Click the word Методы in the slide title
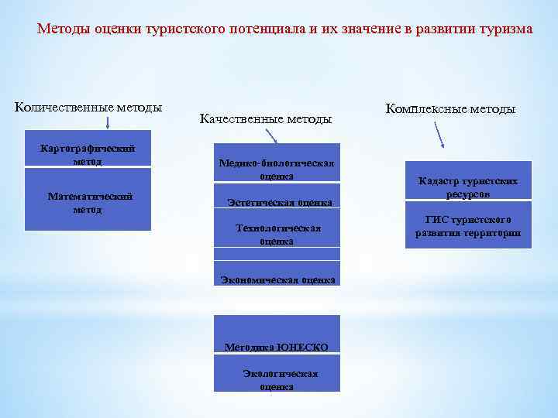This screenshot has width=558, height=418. pos(64,30)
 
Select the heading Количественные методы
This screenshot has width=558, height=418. pos(88,107)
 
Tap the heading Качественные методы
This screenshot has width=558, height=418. pos(265,119)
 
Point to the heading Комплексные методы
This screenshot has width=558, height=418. pos(449,109)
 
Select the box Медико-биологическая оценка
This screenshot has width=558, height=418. pos(277,169)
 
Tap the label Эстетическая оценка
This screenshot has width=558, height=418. pos(279,203)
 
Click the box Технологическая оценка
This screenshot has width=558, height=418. pos(277,235)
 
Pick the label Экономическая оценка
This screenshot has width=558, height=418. pos(277,279)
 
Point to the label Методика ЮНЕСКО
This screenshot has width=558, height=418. pos(276,346)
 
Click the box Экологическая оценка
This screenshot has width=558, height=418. pos(277,379)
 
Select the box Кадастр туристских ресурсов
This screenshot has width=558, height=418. pos(467,187)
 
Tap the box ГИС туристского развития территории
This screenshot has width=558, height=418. pos(467,227)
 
